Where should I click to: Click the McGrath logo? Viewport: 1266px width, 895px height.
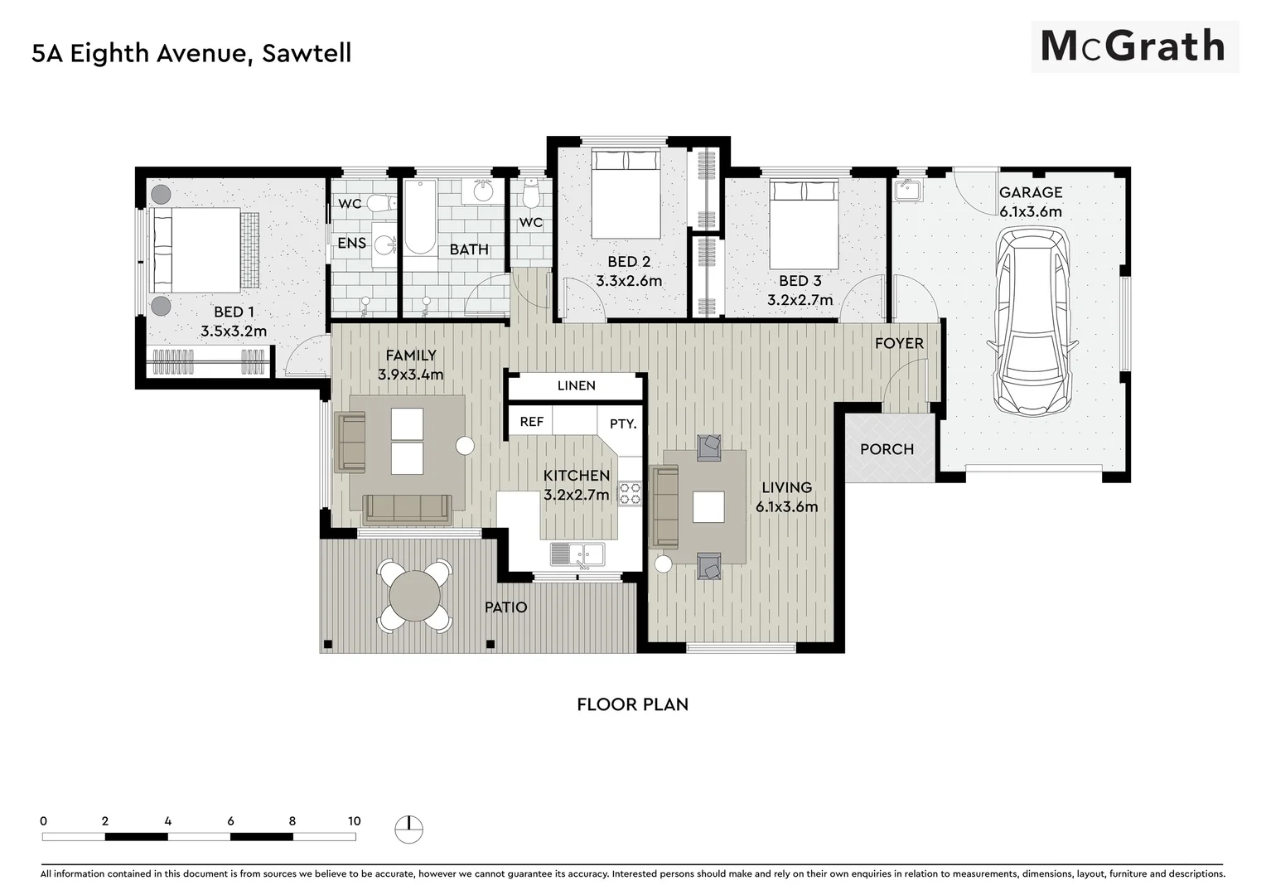click(1133, 46)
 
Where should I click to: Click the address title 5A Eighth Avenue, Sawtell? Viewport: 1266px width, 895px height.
click(191, 53)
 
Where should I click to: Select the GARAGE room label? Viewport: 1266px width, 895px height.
click(1030, 192)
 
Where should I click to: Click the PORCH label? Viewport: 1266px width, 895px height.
click(887, 449)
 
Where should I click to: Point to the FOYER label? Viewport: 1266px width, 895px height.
click(899, 343)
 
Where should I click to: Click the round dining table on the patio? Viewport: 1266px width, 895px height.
click(415, 596)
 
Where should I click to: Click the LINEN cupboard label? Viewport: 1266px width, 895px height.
click(576, 385)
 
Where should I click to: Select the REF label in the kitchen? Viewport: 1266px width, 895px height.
click(531, 422)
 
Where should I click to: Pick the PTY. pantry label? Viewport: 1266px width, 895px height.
click(623, 423)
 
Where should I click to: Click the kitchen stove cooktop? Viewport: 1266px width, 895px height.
click(630, 494)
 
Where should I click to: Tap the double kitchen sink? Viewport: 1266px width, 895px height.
click(577, 553)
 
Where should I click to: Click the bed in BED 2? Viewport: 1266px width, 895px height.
click(626, 192)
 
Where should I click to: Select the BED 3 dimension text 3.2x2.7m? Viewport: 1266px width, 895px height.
click(800, 300)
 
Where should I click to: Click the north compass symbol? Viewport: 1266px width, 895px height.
click(408, 828)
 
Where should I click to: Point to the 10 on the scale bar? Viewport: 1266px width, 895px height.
click(354, 821)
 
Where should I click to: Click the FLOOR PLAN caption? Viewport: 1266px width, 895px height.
click(632, 704)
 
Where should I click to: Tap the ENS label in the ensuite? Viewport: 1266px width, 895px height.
click(351, 243)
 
